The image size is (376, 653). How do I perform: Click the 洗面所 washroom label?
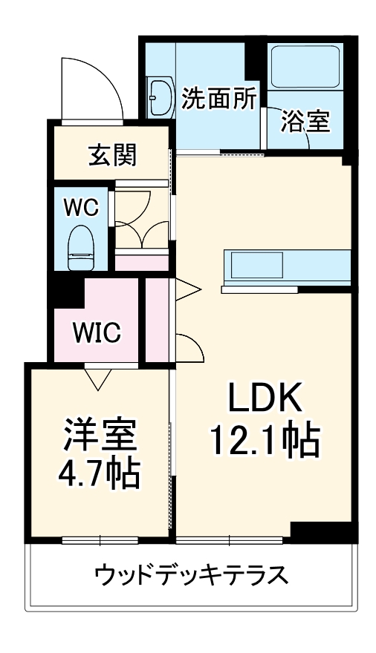[219, 98]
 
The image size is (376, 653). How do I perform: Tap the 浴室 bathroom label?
[305, 122]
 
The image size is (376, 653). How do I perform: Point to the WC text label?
[80, 207]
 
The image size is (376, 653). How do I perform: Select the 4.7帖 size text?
[100, 473]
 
